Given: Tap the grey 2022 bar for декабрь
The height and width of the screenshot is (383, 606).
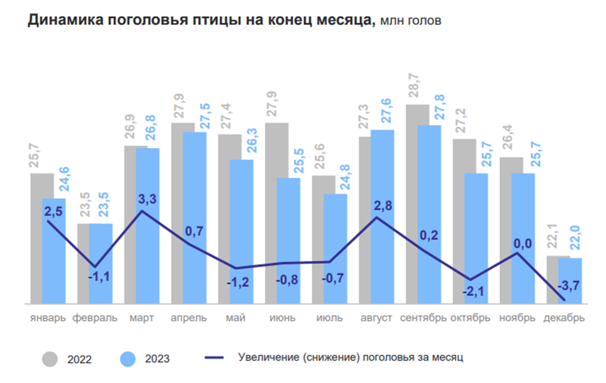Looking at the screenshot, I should pyautogui.click(x=557, y=280).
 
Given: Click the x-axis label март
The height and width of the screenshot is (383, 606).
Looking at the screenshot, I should pyautogui.click(x=142, y=318).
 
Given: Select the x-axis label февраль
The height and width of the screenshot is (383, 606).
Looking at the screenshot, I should pyautogui.click(x=95, y=318).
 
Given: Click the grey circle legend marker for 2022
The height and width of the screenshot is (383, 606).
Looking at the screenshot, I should pyautogui.click(x=50, y=359).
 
